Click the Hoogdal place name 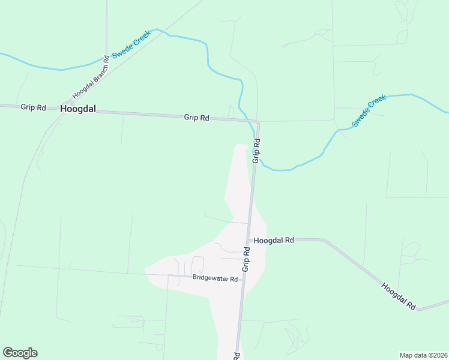78,109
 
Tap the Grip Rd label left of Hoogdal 33,107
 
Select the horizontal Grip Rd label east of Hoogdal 196,118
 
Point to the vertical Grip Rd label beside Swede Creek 256,151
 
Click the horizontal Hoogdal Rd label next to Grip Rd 274,240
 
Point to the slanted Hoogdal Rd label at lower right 399,295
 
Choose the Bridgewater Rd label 215,278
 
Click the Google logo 20,353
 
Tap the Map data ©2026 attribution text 423,355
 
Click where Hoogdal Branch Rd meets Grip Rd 70,104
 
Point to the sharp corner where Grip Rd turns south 258,122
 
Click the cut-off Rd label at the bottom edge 237,356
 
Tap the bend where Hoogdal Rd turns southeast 325,241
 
